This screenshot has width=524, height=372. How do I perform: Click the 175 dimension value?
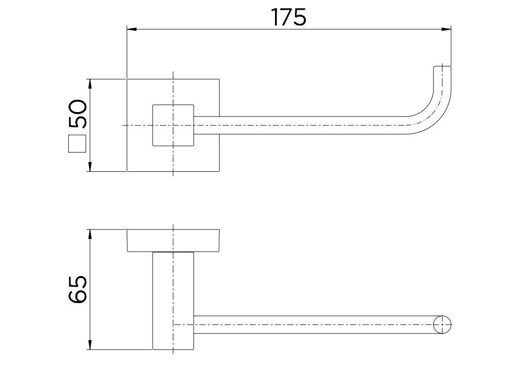289,17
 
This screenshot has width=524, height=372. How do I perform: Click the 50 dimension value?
78,114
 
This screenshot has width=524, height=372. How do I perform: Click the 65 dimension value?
78,289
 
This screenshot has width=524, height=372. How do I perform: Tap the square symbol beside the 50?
77,144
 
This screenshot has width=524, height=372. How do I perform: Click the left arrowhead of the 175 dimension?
132,29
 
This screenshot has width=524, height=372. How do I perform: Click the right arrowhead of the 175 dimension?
447,29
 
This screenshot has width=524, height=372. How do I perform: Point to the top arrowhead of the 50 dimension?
90,84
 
